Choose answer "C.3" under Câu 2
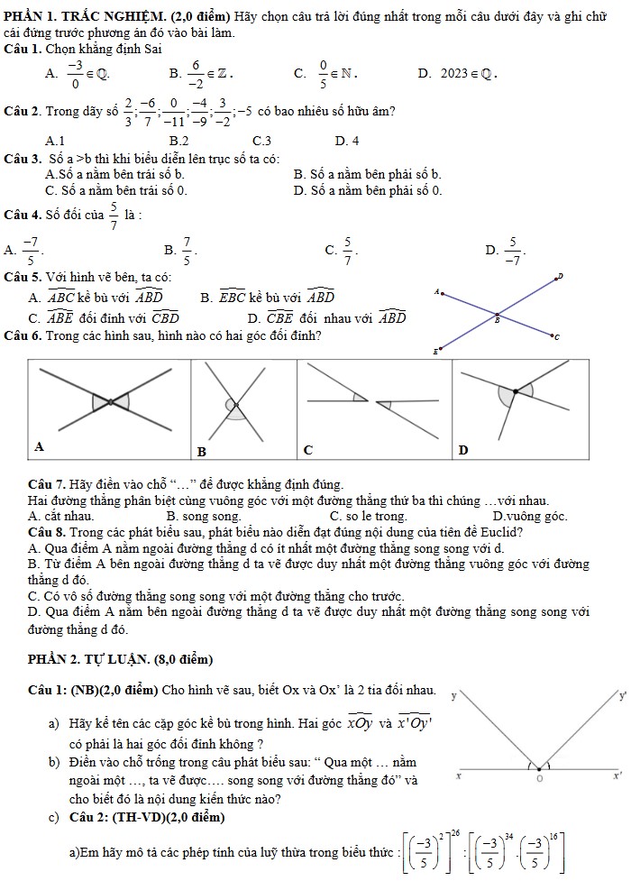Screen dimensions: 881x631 click(262, 140)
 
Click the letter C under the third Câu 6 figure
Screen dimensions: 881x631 click(306, 449)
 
